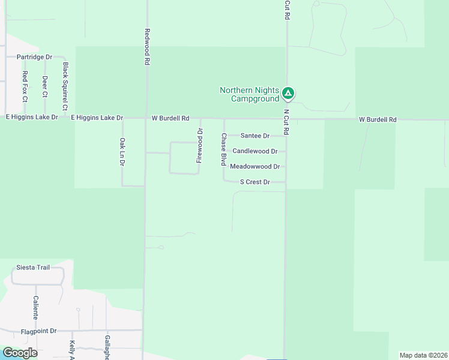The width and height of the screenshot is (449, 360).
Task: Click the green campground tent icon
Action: tap(289, 93)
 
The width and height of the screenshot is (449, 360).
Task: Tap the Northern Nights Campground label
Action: tap(250, 94)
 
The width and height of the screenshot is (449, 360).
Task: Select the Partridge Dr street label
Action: tap(34, 57)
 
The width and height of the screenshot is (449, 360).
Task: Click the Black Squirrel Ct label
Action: tap(65, 86)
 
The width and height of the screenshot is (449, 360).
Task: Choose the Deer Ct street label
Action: tap(45, 86)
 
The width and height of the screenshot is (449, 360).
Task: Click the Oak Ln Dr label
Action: tap(122, 152)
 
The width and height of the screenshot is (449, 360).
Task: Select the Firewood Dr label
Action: tap(200, 145)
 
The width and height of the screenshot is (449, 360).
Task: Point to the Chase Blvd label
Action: tap(223, 149)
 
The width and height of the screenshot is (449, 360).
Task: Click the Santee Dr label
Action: tap(255, 136)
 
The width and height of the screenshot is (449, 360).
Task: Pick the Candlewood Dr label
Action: tap(255, 151)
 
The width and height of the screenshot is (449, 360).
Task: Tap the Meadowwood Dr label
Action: tap(255, 166)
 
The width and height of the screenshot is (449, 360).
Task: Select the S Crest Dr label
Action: tap(255, 182)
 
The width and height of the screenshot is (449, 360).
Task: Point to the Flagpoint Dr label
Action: tap(38, 331)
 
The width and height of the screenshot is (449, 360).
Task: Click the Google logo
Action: tap(20, 353)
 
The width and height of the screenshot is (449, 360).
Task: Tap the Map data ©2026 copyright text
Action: tap(423, 355)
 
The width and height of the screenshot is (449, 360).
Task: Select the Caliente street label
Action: tap(36, 307)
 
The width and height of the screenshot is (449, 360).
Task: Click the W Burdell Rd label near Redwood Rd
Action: tap(170, 118)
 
